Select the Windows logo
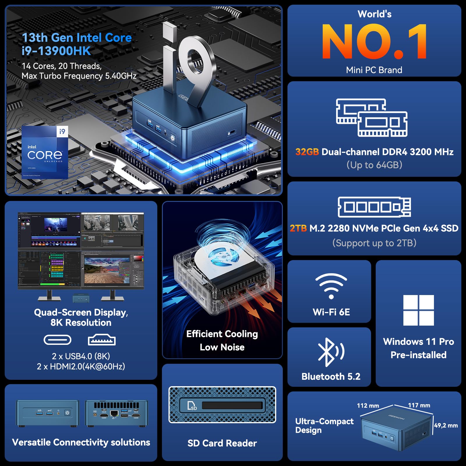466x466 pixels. point(419,310)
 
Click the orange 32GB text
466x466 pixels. point(307,152)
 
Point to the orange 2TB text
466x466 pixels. point(298,228)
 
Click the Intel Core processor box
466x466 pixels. point(45,152)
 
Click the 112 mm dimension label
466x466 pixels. point(368,405)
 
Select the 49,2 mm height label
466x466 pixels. point(446,425)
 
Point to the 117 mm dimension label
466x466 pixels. point(419,405)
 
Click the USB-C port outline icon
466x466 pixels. point(57,340)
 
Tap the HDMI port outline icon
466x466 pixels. point(102,340)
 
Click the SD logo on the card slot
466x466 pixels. point(192,406)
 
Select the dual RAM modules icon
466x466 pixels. point(372,118)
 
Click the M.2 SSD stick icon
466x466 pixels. point(374,207)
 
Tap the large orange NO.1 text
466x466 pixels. point(374,42)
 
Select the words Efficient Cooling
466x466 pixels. point(222,334)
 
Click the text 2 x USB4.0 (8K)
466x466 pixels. point(81,356)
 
